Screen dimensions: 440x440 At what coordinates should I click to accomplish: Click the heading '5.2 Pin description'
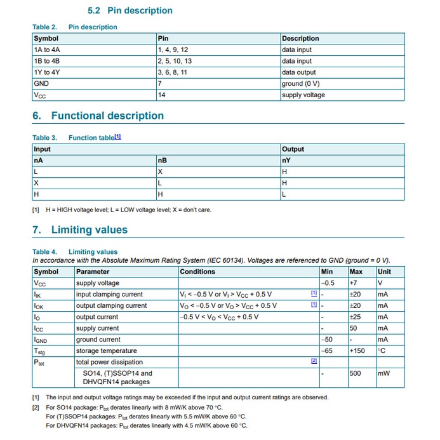pyautogui.click(x=130, y=11)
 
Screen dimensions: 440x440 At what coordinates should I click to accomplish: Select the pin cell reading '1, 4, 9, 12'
pyautogui.click(x=173, y=50)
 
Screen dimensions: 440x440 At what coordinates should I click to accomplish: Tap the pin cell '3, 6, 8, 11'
pyautogui.click(x=173, y=72)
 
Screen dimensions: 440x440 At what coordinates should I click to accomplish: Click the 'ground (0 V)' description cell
pyautogui.click(x=300, y=84)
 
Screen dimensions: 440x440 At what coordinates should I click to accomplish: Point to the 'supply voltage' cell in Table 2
pyautogui.click(x=303, y=95)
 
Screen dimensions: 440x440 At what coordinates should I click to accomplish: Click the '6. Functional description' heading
pyautogui.click(x=98, y=116)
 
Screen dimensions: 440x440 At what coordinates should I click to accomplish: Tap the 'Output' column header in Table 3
pyautogui.click(x=293, y=149)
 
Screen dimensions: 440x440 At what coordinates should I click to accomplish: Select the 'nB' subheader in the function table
pyautogui.click(x=162, y=161)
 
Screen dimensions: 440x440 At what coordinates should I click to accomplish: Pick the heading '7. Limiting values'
pyautogui.click(x=80, y=230)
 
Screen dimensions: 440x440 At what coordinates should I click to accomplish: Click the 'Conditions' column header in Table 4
pyautogui.click(x=197, y=272)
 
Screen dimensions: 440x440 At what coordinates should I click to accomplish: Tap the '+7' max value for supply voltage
pyautogui.click(x=354, y=283)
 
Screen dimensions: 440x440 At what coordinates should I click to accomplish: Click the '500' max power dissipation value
pyautogui.click(x=355, y=373)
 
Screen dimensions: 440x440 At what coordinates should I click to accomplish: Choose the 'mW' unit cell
pyautogui.click(x=383, y=373)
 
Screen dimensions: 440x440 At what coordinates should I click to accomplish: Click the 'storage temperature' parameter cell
pyautogui.click(x=106, y=350)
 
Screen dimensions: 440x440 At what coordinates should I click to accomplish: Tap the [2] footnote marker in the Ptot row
pyautogui.click(x=314, y=361)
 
